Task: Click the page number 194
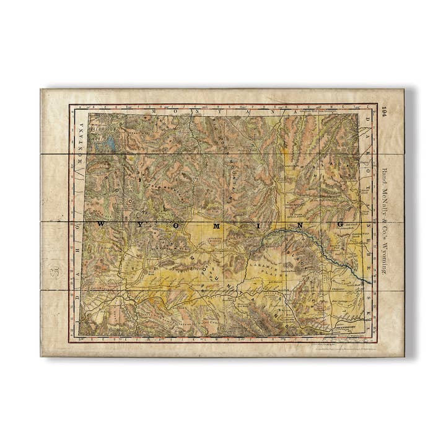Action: (385, 112)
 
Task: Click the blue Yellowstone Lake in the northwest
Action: (110, 144)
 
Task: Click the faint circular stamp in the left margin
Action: (55, 271)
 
